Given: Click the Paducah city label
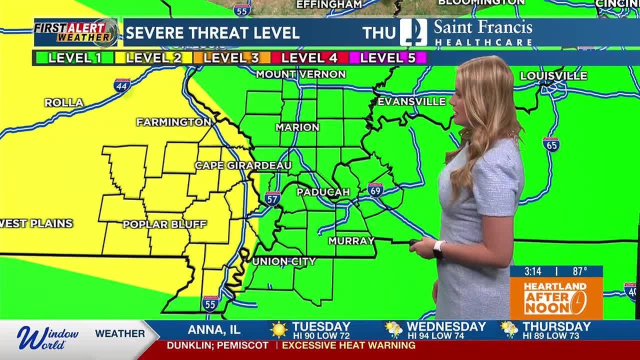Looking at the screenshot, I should click(x=322, y=192).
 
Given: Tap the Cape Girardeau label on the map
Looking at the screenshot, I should click(x=243, y=165).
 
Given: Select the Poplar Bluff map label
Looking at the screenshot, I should click(x=164, y=224).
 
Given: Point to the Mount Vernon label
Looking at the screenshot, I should click(x=300, y=74).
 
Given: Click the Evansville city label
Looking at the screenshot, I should click(x=411, y=101).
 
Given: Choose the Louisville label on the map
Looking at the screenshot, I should click(x=553, y=76).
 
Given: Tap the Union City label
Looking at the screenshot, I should click(x=283, y=261).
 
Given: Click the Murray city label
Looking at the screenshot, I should click(x=351, y=241).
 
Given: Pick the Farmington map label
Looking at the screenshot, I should click(x=173, y=122).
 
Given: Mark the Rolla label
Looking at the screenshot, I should click(x=64, y=102).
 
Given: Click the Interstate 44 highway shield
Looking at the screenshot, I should click(x=122, y=85).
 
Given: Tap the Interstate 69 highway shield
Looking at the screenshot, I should click(x=375, y=190).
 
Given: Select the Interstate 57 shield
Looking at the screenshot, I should click(x=272, y=198).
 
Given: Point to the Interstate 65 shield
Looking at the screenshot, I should click(x=550, y=144).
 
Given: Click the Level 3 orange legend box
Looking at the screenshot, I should click(x=231, y=58).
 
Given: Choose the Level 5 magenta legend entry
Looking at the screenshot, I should click(x=388, y=58).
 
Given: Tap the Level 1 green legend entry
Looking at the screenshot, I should click(x=74, y=58).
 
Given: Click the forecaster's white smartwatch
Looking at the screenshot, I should click(x=438, y=248).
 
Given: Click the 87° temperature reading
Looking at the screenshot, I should click(x=580, y=271).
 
